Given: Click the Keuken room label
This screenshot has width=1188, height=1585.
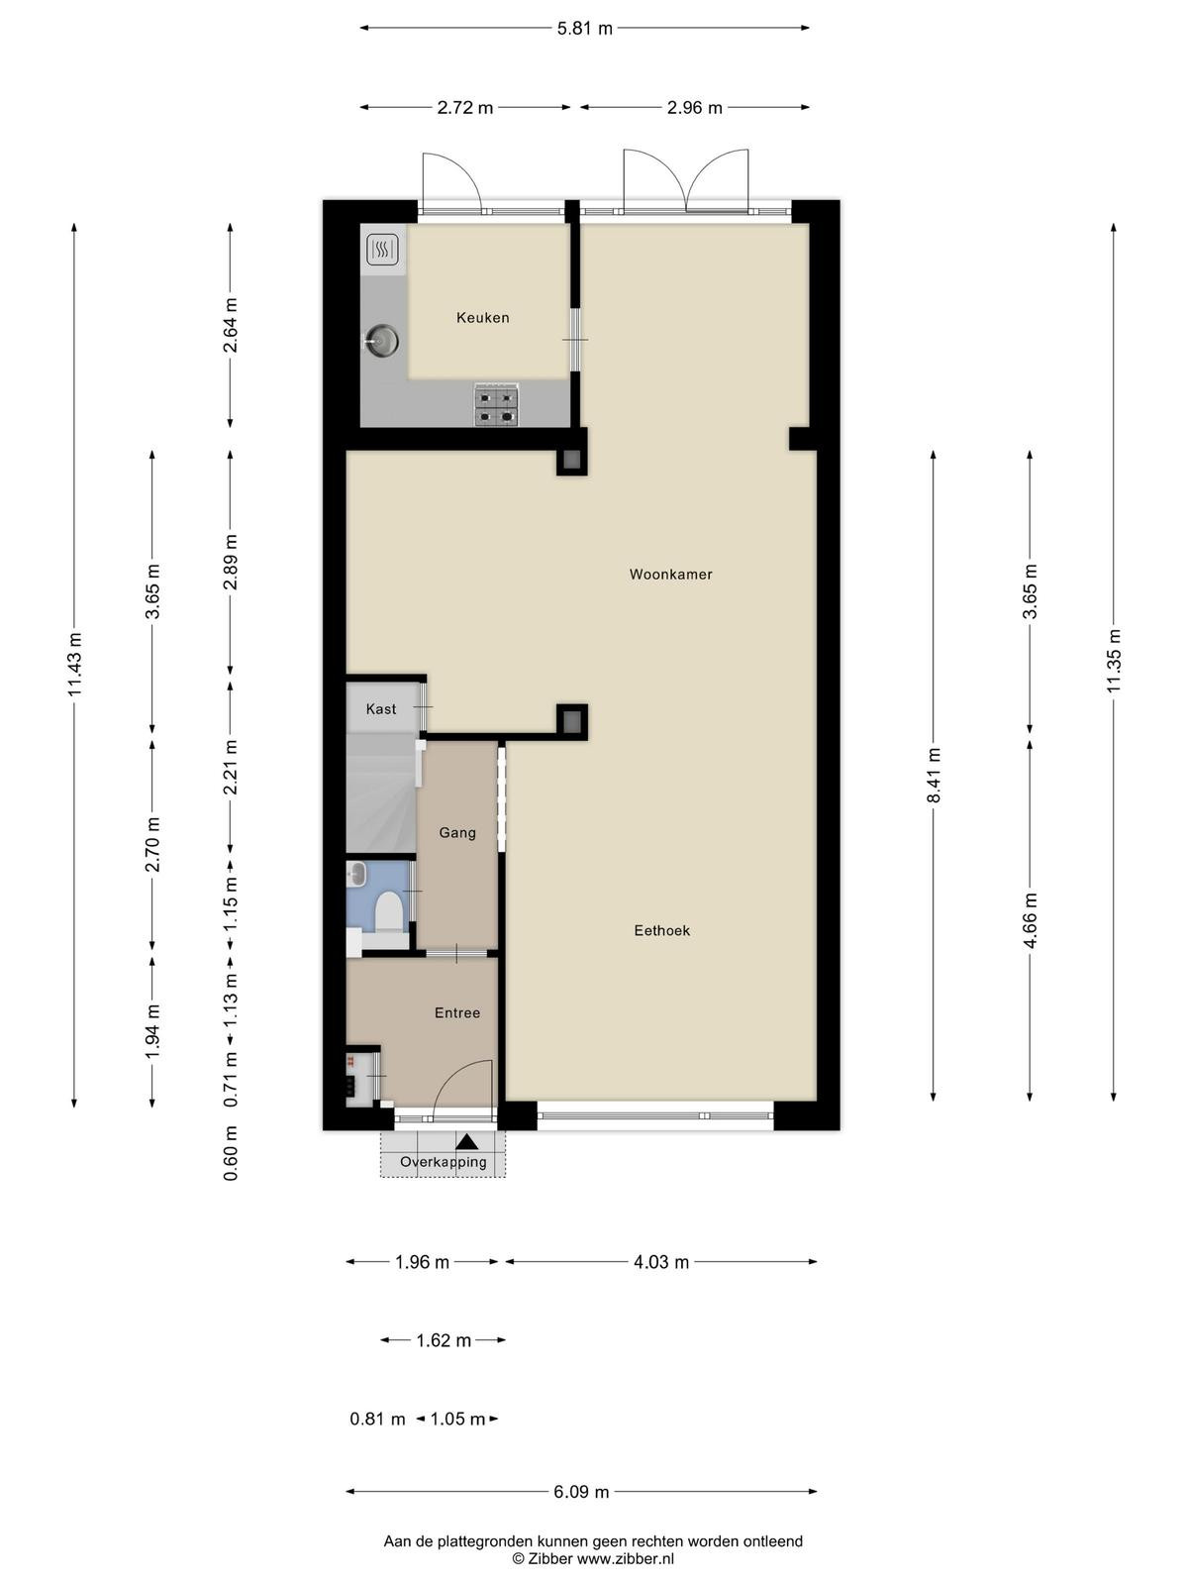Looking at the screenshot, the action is (482, 318).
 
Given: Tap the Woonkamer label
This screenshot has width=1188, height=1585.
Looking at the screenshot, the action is (671, 574).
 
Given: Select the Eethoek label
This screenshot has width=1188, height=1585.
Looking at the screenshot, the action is (662, 931).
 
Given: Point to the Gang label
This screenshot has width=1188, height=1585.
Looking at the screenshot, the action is (457, 833).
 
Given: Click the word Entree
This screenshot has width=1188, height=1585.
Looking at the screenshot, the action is (457, 1013).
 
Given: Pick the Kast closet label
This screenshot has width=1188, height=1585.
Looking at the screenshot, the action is (381, 709).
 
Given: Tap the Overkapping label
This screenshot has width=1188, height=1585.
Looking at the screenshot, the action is (444, 1162).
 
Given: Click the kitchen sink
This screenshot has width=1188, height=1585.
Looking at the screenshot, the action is (381, 340).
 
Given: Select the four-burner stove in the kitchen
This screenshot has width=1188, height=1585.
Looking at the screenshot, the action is (496, 405).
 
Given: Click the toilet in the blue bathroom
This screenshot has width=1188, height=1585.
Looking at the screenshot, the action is (389, 912).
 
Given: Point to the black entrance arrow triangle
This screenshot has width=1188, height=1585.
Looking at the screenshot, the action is (466, 1141).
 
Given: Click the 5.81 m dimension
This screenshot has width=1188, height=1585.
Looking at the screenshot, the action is (585, 28).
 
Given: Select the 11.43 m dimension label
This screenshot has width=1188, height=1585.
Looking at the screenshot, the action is (75, 665).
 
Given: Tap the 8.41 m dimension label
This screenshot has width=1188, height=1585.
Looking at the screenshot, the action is (935, 776).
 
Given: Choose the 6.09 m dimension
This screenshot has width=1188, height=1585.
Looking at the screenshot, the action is (581, 1491).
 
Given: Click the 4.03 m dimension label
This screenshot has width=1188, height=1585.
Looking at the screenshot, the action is (661, 1262).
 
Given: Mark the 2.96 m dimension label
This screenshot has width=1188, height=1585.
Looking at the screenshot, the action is (695, 108).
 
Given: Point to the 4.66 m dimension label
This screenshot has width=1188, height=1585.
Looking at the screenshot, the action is (1031, 920).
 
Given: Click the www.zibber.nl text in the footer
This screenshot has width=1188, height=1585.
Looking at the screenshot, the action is (626, 1558).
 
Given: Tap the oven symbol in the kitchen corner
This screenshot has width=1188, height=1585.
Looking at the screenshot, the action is (383, 250).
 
